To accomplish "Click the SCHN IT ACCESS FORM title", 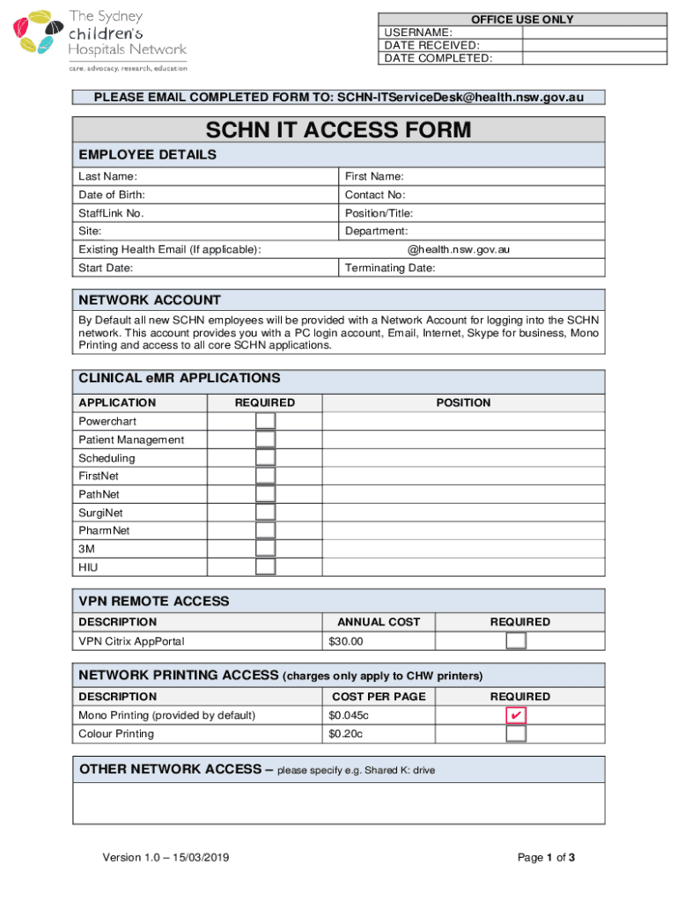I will [339, 131].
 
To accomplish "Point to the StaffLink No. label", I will [111, 213].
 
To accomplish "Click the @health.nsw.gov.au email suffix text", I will [458, 249].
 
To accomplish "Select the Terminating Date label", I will [390, 268].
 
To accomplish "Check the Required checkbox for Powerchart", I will [265, 421].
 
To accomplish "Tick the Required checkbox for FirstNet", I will [265, 477].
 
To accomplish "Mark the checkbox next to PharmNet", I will [265, 531].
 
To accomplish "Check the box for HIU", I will [265, 567].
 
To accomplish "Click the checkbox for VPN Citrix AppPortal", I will [516, 641].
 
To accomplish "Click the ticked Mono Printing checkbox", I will [516, 715].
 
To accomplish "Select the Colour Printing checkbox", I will [516, 734].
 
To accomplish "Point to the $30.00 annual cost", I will [345, 641].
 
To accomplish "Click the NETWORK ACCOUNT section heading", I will [150, 300].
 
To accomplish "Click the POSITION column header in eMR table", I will [463, 403].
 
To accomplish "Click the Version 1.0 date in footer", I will [167, 858].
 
